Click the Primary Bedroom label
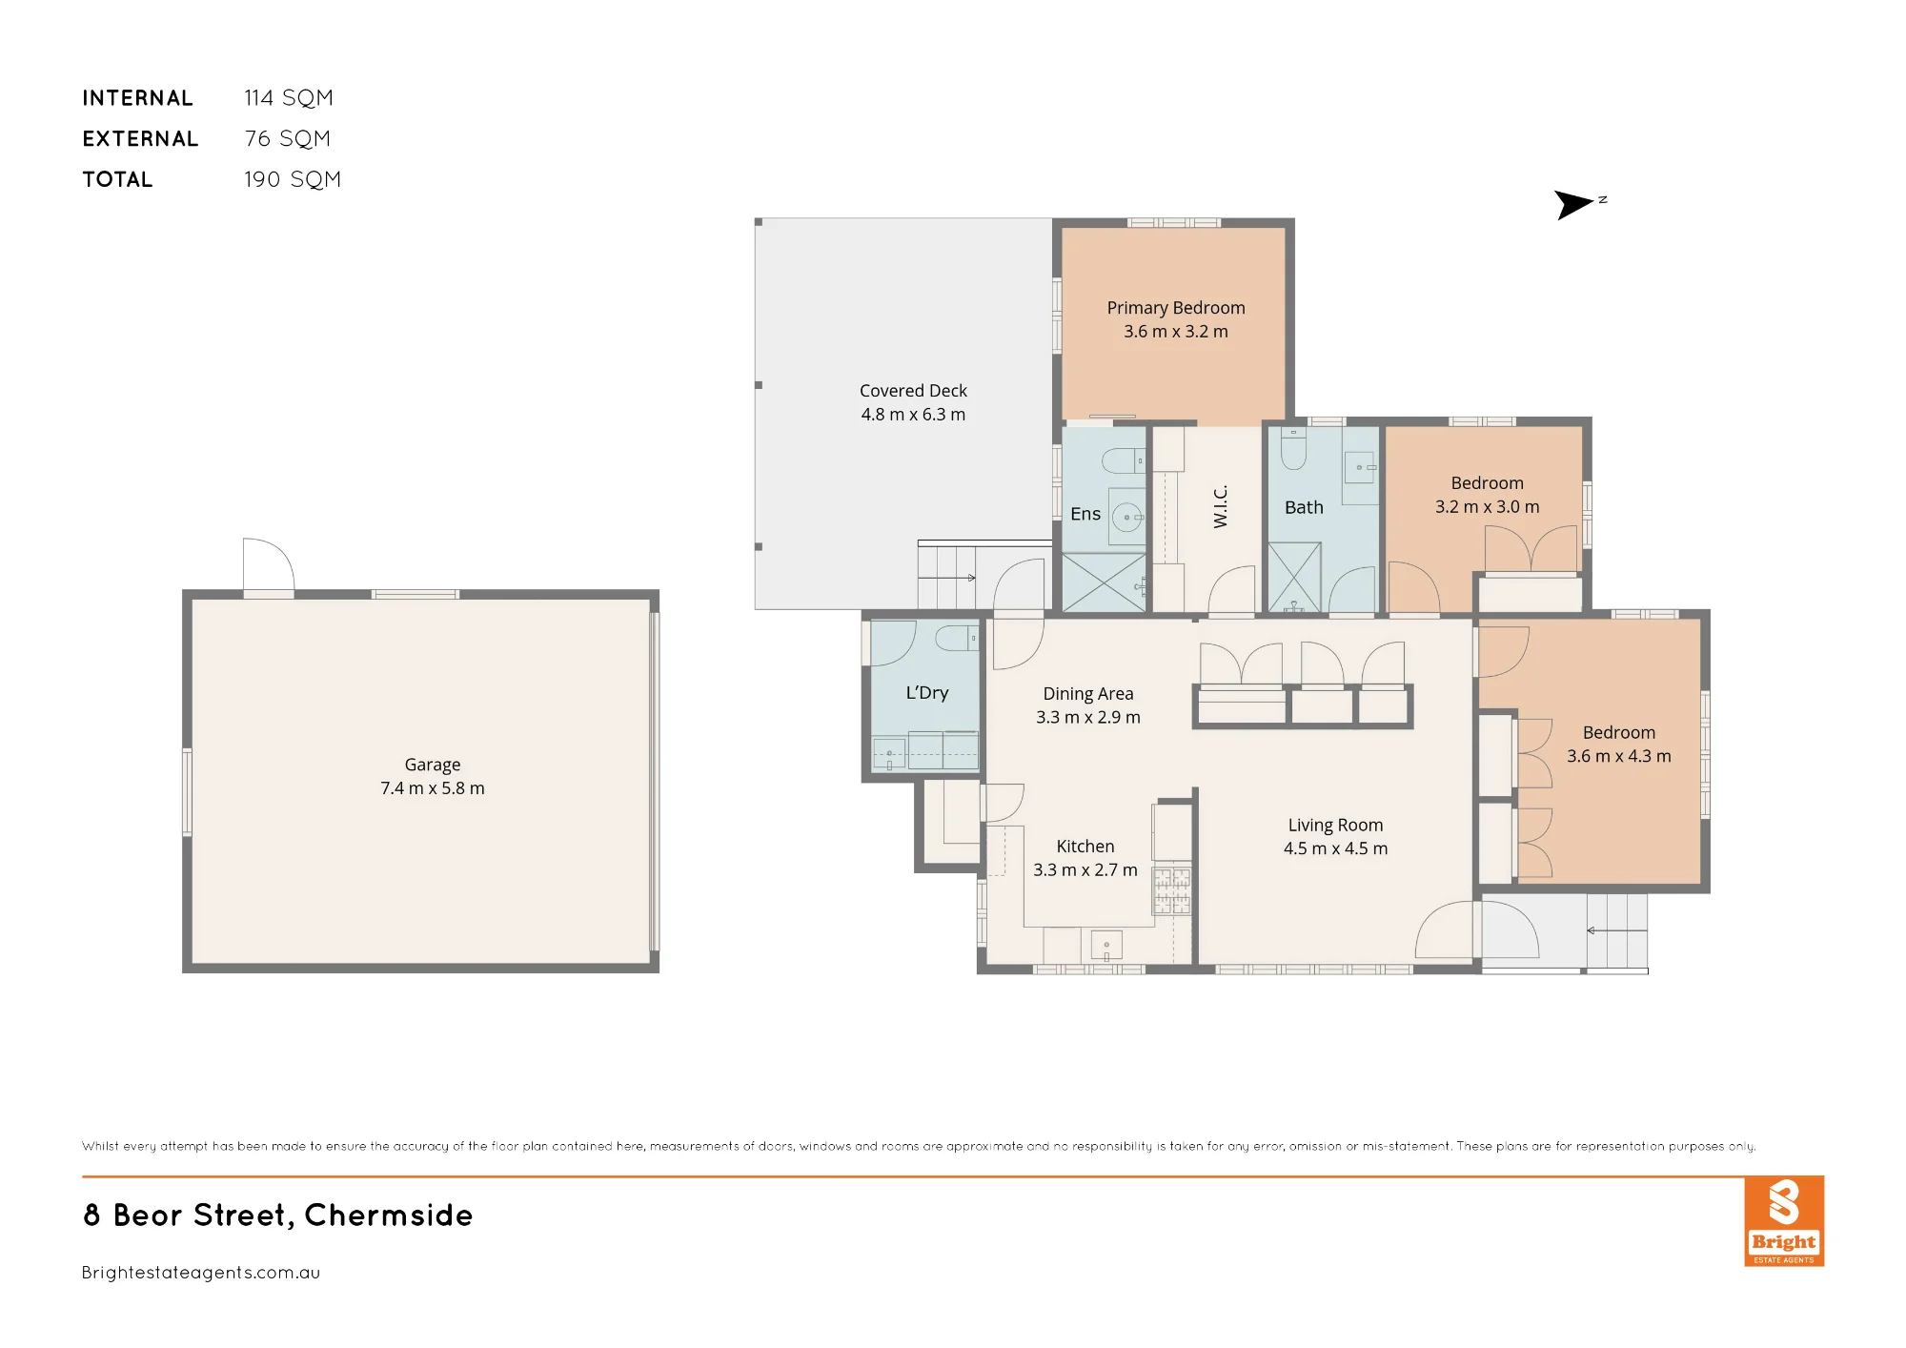[1175, 308]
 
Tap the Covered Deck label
[913, 391]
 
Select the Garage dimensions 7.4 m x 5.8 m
[433, 788]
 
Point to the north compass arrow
[1574, 204]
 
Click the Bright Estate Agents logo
[1784, 1221]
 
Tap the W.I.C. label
[1221, 506]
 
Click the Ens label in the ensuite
[1085, 514]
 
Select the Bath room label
[1304, 508]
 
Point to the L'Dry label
[927, 693]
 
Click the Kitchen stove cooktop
[1172, 890]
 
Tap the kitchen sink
[1106, 945]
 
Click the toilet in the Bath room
[1293, 448]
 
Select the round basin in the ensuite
[1127, 517]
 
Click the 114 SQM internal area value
[289, 98]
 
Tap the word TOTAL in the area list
[117, 179]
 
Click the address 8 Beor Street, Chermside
[278, 1215]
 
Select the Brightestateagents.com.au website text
[201, 1273]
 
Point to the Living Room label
[1335, 826]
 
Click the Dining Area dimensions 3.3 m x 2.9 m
[1088, 718]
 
